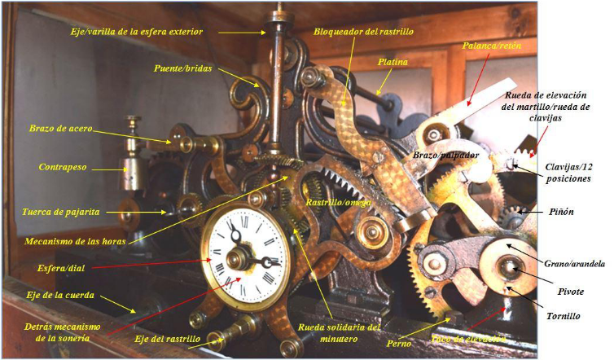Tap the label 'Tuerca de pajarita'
tap(63, 212)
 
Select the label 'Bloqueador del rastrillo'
tap(364, 31)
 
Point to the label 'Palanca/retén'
tap(491, 46)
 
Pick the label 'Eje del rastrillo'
tap(168, 337)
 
